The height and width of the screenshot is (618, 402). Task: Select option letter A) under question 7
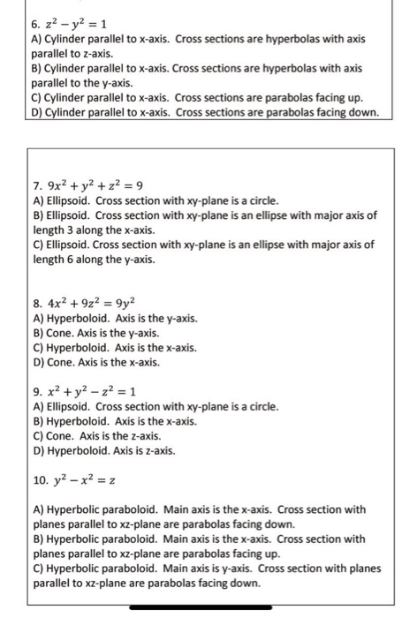point(37,201)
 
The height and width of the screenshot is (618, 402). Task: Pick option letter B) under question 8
point(37,333)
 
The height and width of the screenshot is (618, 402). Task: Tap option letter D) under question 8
point(37,362)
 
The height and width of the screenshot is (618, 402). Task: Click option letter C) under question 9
point(37,435)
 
